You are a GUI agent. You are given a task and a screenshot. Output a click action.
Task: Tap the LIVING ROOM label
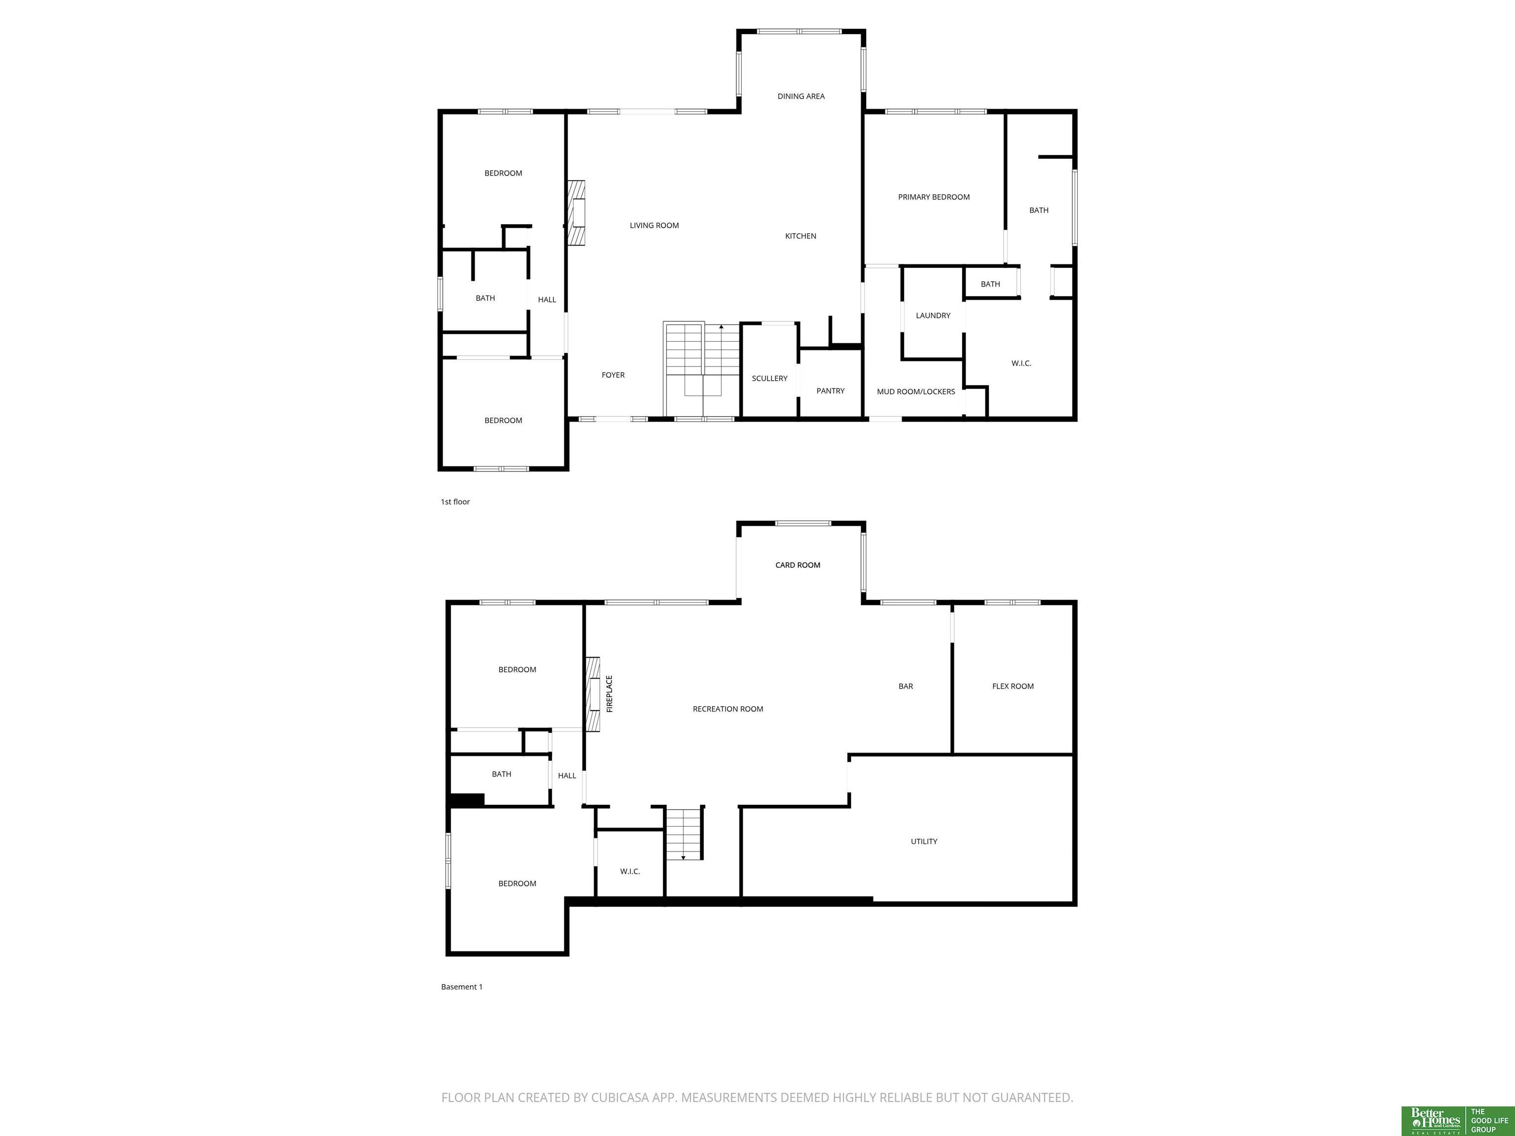[654, 225]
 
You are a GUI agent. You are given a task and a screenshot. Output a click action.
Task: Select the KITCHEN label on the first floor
[800, 236]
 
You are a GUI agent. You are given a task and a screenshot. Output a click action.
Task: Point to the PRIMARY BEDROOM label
[934, 197]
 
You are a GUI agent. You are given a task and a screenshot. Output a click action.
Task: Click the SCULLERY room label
[769, 379]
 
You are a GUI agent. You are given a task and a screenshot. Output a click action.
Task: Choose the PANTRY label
[830, 391]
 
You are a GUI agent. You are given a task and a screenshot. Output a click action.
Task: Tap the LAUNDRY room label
[933, 316]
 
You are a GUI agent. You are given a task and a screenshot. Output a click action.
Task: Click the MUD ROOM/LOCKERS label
[916, 391]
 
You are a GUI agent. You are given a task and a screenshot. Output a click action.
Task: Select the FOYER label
[613, 375]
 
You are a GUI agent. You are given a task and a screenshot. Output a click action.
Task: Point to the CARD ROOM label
[797, 565]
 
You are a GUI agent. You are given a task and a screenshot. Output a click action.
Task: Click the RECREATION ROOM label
[727, 709]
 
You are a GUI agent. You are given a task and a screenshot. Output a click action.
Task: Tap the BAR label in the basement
[905, 686]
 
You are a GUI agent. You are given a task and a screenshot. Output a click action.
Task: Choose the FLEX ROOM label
[1012, 686]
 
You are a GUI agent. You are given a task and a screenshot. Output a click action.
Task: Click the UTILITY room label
[924, 842]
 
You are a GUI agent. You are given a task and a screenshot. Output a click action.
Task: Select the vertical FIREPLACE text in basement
[610, 694]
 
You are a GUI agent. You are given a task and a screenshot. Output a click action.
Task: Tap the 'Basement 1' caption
[462, 987]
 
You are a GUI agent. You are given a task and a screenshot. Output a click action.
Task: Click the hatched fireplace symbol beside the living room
[576, 213]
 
